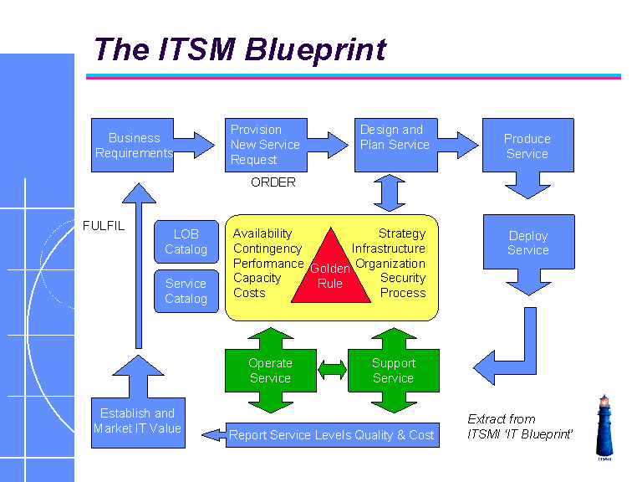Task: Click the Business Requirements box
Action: tap(132, 146)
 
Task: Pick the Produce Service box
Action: tap(527, 146)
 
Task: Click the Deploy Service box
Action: tap(528, 243)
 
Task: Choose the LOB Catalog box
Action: tap(186, 242)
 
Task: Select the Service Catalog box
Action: tap(186, 291)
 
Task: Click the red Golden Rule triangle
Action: tap(330, 273)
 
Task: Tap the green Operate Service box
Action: tap(270, 370)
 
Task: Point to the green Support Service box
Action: tap(393, 370)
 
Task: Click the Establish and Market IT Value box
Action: tap(137, 421)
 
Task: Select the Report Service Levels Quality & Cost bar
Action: tap(332, 435)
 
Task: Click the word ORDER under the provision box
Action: tap(273, 182)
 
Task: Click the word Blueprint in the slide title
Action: tap(315, 49)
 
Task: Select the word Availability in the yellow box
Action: tap(262, 233)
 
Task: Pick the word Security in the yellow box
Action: tap(403, 278)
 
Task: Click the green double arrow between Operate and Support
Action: tap(332, 370)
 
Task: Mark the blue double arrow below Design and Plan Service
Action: tap(390, 193)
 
